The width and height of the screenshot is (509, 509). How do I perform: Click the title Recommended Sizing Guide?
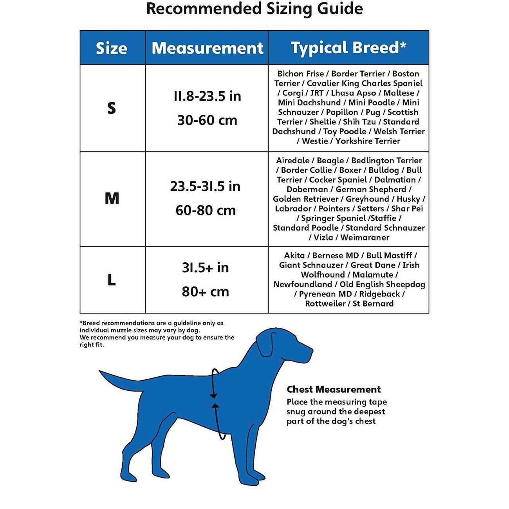(x=254, y=9)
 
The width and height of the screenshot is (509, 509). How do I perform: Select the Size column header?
(x=112, y=48)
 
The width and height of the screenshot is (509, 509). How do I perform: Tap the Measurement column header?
(x=207, y=48)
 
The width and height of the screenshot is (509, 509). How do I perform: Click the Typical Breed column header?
(x=348, y=48)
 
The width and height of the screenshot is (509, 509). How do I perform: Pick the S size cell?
(x=112, y=108)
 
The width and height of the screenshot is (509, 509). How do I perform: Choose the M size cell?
(x=112, y=199)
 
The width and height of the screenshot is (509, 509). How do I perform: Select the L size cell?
(x=112, y=280)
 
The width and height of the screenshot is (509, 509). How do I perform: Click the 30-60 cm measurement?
(x=207, y=120)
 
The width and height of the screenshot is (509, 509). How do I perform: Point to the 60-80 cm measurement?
(x=206, y=211)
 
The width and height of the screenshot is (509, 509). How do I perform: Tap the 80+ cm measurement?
(x=205, y=292)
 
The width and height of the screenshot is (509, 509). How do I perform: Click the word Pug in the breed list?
(x=373, y=112)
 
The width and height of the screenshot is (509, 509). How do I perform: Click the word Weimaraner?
(x=365, y=237)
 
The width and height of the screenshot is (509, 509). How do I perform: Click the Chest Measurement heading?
(x=334, y=389)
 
